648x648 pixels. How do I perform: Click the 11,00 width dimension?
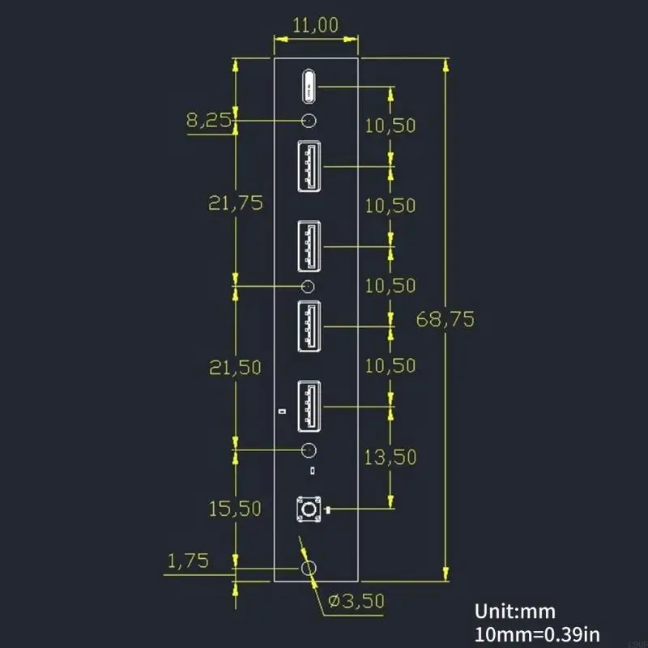click(316, 25)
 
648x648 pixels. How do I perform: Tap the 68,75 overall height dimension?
click(445, 319)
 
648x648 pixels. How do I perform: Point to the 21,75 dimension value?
click(236, 203)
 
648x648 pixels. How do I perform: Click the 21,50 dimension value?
click(235, 367)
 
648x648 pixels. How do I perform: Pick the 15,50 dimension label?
click(235, 509)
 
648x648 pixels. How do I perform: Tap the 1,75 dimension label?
click(188, 560)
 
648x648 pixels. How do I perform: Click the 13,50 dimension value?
click(390, 456)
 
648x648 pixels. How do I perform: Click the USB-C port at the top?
click(309, 86)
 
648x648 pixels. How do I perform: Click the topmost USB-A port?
click(309, 166)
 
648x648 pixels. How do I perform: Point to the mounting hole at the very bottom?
click(309, 569)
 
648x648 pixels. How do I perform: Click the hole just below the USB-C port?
click(309, 122)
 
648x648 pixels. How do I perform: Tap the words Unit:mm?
click(515, 612)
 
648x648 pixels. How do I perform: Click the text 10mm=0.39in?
click(535, 633)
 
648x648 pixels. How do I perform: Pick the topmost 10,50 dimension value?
click(390, 125)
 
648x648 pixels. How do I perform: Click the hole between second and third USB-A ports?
click(309, 286)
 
